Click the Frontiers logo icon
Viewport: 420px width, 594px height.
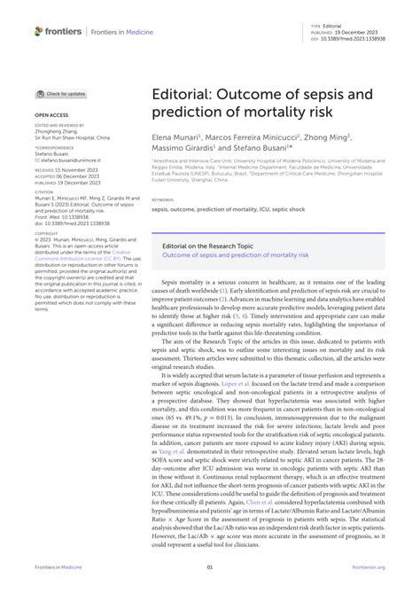(x=40, y=31)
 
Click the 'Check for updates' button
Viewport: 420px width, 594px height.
(x=61, y=93)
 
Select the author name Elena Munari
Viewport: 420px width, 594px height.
(x=174, y=137)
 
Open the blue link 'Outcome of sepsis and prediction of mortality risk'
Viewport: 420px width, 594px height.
(x=234, y=254)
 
